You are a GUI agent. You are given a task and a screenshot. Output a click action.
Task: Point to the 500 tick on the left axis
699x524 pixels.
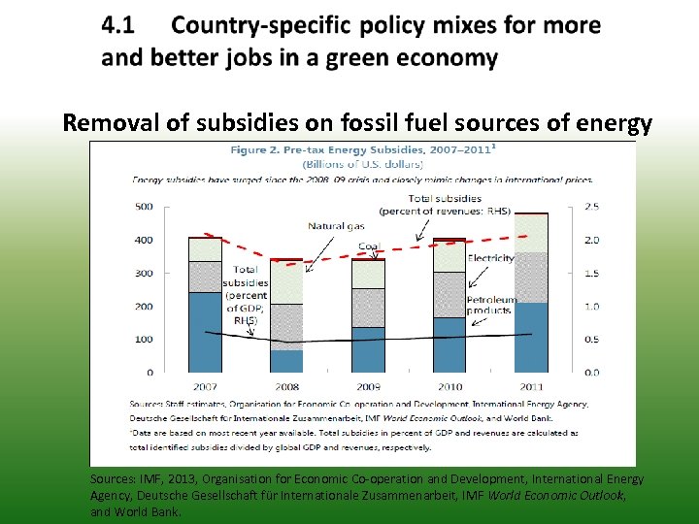pyautogui.click(x=144, y=207)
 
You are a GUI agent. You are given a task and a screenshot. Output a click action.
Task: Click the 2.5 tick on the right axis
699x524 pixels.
pyautogui.click(x=590, y=207)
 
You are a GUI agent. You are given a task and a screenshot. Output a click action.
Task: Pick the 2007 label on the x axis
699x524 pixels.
pyautogui.click(x=204, y=385)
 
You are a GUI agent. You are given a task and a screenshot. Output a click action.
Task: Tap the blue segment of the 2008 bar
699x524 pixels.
pyautogui.click(x=286, y=361)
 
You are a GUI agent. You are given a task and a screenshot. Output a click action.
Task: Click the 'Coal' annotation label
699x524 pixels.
pyautogui.click(x=369, y=246)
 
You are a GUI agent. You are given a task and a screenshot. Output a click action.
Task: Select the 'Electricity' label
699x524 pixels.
pyautogui.click(x=490, y=258)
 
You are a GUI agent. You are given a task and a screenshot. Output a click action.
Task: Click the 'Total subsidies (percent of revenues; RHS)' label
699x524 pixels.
pyautogui.click(x=445, y=205)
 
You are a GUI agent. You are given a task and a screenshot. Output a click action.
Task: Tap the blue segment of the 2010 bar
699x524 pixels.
pyautogui.click(x=449, y=344)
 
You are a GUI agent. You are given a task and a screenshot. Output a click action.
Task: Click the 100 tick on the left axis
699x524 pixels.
pyautogui.click(x=144, y=340)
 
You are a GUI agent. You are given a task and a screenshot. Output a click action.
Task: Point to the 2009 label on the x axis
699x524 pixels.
pyautogui.click(x=368, y=385)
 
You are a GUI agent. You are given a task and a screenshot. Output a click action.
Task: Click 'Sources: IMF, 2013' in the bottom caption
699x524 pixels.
pyautogui.click(x=146, y=479)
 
